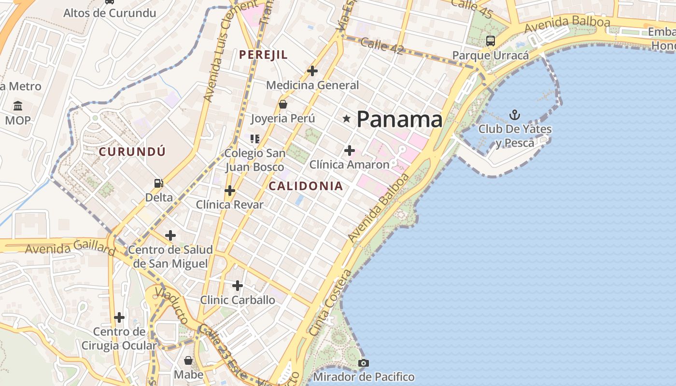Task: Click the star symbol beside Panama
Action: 346,118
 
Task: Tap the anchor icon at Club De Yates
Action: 515,115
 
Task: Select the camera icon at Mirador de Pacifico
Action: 364,362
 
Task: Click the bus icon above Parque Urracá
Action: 491,41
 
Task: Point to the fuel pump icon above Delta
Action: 158,183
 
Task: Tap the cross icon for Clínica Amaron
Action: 349,151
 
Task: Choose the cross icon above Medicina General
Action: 312,71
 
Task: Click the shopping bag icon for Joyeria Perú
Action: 283,104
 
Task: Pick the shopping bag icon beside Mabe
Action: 188,360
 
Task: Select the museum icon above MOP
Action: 18,106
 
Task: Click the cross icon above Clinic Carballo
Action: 237,286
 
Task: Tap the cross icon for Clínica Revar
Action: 230,191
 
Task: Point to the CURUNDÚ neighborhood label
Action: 132,152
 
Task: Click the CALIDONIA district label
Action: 306,186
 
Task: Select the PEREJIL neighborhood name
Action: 263,55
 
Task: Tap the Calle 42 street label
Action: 381,46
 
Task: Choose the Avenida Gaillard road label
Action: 70,248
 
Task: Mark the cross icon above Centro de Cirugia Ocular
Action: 119,317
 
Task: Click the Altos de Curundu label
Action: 110,13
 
